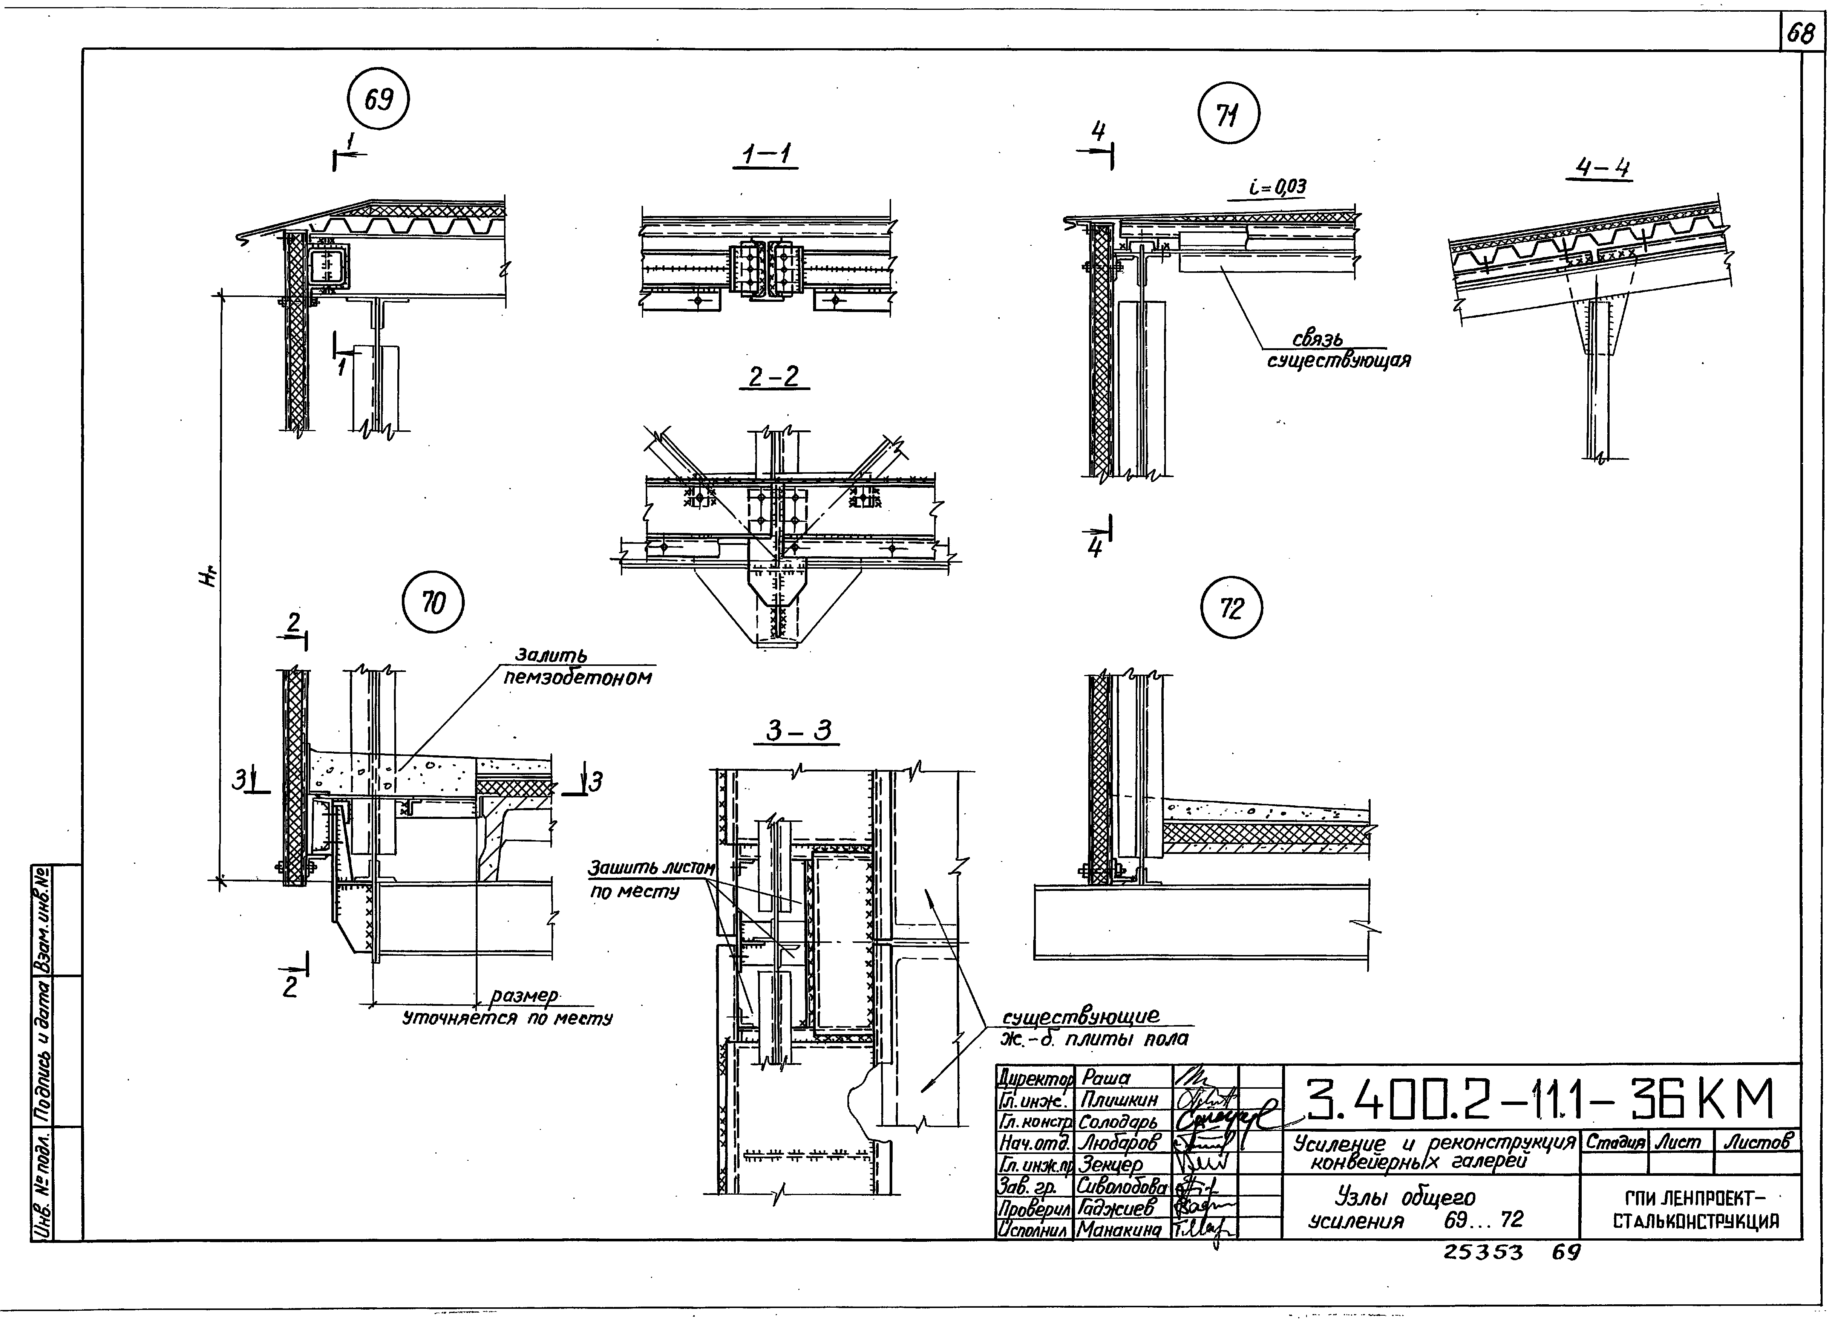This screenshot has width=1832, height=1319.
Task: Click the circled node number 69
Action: click(x=378, y=100)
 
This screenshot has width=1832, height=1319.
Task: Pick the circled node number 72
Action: click(x=1231, y=608)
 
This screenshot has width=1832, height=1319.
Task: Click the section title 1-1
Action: click(x=766, y=155)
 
